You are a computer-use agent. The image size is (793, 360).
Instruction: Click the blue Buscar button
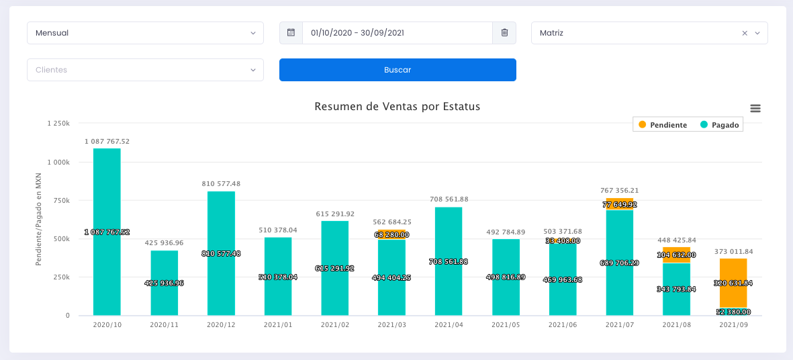click(398, 70)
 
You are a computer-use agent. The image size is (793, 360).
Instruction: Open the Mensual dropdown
click(145, 33)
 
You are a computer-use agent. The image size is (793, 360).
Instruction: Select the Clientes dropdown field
click(145, 70)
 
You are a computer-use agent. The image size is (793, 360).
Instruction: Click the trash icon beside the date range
click(504, 33)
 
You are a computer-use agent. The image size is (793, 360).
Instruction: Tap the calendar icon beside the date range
click(291, 33)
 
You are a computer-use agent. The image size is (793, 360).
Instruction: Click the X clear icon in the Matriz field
click(745, 33)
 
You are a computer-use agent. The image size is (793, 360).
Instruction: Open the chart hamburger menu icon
click(755, 108)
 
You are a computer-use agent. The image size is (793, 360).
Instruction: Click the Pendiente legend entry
click(663, 125)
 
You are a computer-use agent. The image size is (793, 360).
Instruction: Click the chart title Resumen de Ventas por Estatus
click(398, 107)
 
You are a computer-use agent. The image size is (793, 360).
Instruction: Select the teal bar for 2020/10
click(107, 201)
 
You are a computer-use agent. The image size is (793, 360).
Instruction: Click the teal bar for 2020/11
click(164, 296)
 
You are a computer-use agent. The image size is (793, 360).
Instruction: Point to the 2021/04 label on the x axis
click(449, 325)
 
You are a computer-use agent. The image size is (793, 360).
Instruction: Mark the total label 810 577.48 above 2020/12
click(221, 183)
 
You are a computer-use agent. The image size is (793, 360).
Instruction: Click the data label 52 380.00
click(733, 312)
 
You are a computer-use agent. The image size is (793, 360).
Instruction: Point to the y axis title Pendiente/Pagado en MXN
click(40, 219)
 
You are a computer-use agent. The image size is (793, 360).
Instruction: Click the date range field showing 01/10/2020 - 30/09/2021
click(398, 33)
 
